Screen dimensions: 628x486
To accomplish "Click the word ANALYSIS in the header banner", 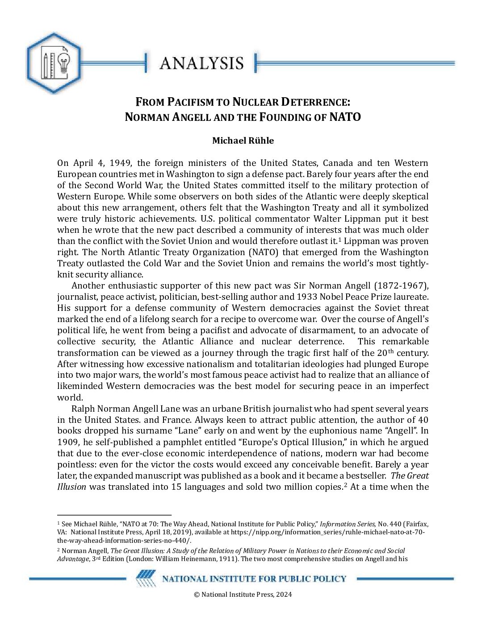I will click(x=201, y=63).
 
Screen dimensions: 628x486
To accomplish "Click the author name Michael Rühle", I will click(x=243, y=140).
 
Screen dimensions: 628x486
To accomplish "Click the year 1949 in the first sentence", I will click(x=119, y=163).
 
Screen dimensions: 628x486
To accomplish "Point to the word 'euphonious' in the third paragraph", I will click(x=347, y=431).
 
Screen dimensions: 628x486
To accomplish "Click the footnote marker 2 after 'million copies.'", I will click(x=345, y=484).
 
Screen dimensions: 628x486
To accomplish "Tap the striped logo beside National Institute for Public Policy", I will click(x=146, y=579).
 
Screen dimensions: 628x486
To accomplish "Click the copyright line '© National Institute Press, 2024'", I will click(x=243, y=594).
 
